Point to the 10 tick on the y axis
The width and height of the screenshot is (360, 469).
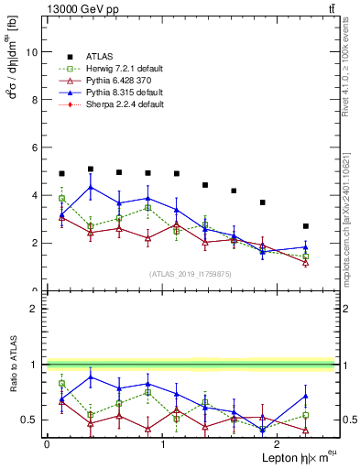pyautogui.click(x=34, y=52)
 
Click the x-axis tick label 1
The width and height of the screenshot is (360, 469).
pyautogui.click(x=162, y=444)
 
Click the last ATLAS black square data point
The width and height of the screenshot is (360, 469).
pyautogui.click(x=306, y=226)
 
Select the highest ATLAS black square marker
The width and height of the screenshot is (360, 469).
pyautogui.click(x=90, y=169)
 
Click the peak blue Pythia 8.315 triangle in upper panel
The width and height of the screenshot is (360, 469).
pyautogui.click(x=90, y=187)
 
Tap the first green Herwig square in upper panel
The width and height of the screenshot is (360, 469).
pyautogui.click(x=61, y=199)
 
